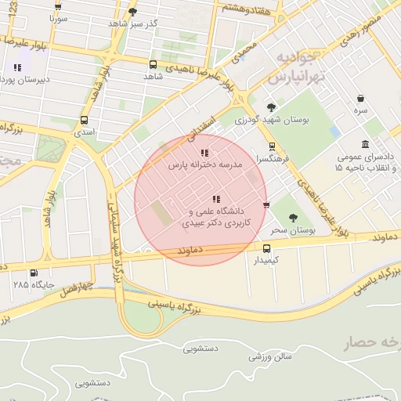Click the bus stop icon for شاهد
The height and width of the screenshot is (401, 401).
(153, 64)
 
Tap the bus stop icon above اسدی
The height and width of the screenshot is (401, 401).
(84, 120)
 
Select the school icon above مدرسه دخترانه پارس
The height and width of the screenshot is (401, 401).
(204, 153)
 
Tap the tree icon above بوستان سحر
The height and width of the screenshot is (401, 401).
(293, 219)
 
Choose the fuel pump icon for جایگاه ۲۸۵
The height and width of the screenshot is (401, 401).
(33, 273)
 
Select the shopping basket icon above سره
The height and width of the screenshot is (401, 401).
(360, 99)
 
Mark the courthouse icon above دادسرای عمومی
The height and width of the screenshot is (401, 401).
(366, 144)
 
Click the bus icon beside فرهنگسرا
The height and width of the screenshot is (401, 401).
(272, 146)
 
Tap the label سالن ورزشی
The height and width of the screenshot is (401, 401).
(270, 356)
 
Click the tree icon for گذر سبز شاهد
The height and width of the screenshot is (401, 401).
(132, 12)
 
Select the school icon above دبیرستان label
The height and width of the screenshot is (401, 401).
(17, 67)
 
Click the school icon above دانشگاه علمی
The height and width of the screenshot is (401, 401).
(216, 199)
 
